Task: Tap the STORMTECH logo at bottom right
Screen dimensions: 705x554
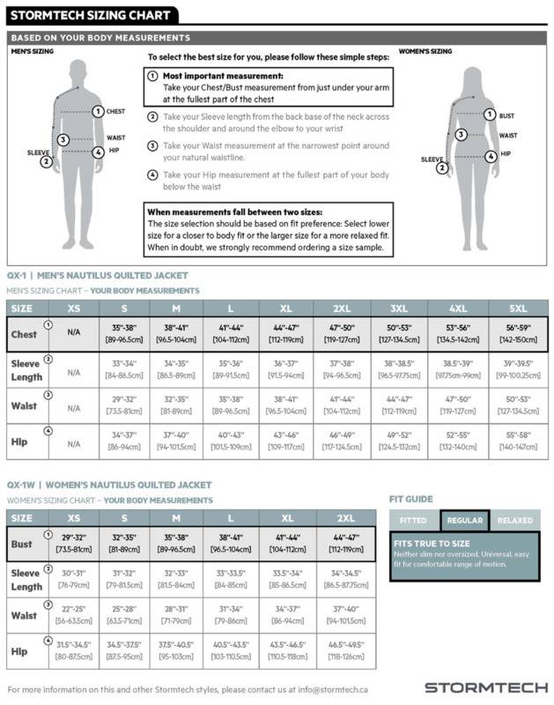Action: [x=486, y=686]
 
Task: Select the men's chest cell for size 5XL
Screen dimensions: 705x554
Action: [x=518, y=335]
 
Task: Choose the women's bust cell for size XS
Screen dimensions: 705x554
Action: [x=73, y=544]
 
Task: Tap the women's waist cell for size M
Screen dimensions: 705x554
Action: [x=175, y=614]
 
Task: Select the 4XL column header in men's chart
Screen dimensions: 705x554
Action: [x=458, y=308]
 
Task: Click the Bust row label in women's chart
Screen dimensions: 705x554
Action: [x=22, y=544]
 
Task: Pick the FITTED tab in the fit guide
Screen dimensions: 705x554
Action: [x=413, y=520]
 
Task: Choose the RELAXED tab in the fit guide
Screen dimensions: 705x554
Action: [x=515, y=520]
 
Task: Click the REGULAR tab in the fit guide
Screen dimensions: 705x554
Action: [x=465, y=520]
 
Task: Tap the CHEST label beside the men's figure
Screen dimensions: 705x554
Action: [x=115, y=112]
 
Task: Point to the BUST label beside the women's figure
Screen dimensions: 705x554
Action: [x=506, y=115]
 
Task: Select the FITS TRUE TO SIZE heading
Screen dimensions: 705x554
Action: [x=432, y=544]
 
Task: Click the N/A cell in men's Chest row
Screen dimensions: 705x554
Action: [x=73, y=335]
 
